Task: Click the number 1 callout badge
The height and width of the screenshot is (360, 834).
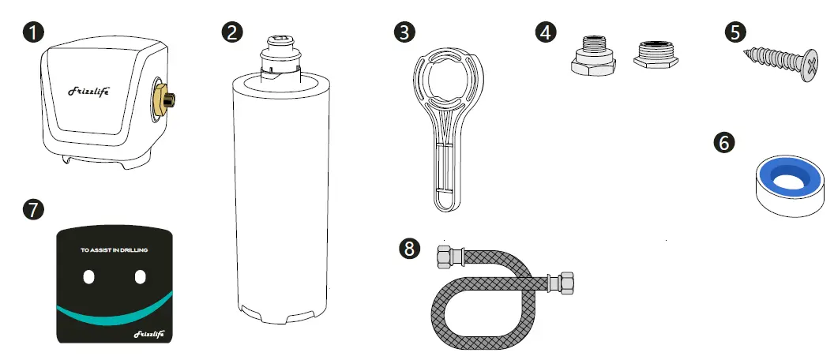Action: click(x=33, y=32)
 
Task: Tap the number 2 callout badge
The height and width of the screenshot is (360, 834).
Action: click(x=231, y=32)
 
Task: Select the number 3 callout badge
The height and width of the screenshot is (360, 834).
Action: click(x=404, y=32)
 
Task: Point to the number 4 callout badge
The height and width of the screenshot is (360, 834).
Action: click(x=546, y=32)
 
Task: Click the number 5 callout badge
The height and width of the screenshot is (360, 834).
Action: click(x=735, y=32)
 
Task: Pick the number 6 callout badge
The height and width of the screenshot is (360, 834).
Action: click(x=724, y=142)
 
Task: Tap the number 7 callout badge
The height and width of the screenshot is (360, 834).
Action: click(x=33, y=209)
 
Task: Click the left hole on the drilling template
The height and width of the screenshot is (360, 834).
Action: click(x=89, y=277)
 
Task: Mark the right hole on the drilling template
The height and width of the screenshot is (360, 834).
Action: click(x=141, y=277)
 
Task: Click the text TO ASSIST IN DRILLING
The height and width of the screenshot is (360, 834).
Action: click(x=115, y=250)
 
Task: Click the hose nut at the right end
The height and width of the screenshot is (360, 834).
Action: click(x=566, y=281)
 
